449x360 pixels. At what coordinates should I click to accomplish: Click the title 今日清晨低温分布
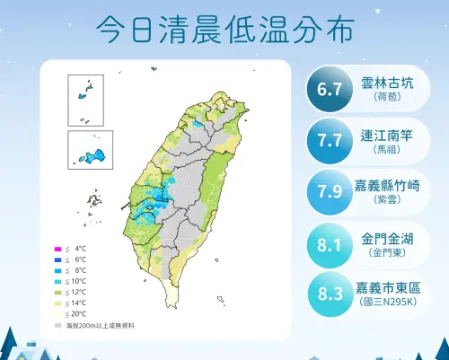pos(224,29)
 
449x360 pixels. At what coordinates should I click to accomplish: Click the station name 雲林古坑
pos(389,82)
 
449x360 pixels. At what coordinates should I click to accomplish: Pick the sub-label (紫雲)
pos(389,200)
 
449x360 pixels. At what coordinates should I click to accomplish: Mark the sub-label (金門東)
pos(389,252)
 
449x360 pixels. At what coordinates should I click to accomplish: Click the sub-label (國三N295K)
pos(389,303)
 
